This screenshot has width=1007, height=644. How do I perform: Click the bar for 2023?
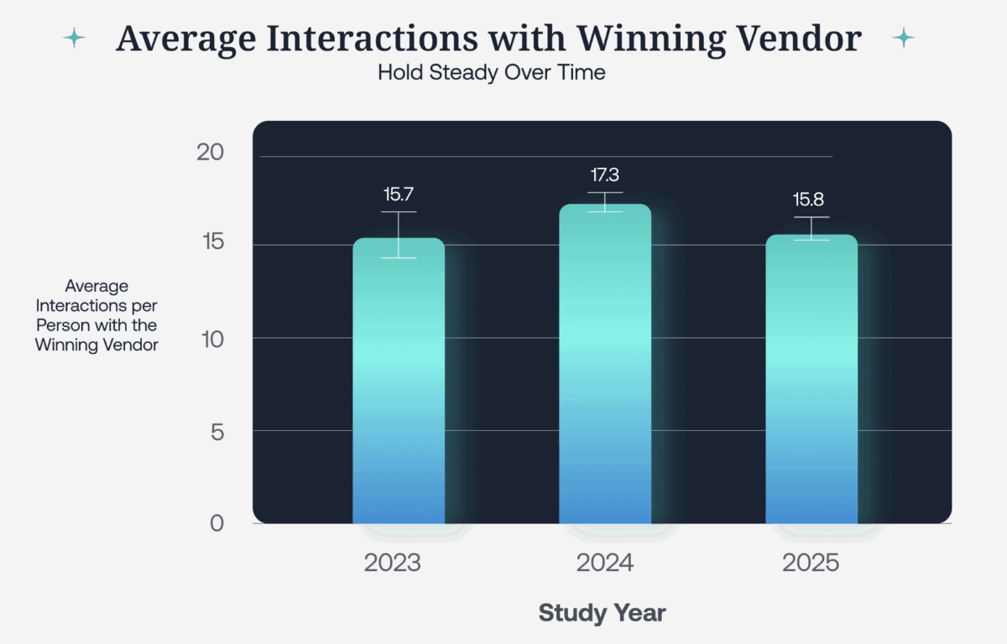click(399, 382)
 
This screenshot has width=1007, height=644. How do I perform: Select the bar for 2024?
click(605, 365)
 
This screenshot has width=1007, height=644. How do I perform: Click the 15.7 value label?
click(399, 195)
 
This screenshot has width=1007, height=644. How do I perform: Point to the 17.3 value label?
click(605, 175)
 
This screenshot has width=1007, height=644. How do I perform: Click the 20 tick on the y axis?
click(211, 153)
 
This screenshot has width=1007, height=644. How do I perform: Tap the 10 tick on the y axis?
click(212, 339)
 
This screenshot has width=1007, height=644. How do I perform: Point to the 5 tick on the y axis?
click(218, 431)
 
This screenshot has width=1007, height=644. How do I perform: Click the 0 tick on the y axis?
click(217, 523)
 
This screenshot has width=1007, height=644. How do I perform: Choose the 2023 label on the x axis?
click(393, 563)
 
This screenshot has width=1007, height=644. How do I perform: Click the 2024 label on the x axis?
click(605, 563)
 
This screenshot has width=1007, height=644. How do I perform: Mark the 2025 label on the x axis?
click(811, 563)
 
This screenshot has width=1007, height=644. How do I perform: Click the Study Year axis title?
click(602, 613)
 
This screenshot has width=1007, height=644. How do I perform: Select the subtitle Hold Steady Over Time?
click(491, 73)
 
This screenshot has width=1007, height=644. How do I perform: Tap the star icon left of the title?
click(75, 38)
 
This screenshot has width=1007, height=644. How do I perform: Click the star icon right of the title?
click(904, 38)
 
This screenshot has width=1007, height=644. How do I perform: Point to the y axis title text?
click(97, 315)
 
